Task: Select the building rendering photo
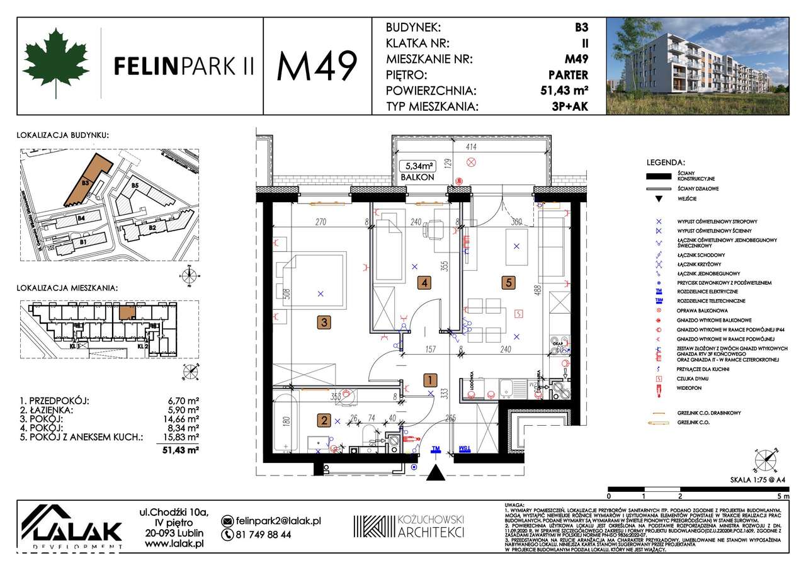tap(697, 66)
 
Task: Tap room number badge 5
tap(507, 283)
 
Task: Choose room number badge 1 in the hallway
tap(429, 380)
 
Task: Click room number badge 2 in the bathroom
tap(323, 421)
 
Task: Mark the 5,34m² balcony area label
tap(419, 166)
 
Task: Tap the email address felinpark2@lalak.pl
tap(278, 521)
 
